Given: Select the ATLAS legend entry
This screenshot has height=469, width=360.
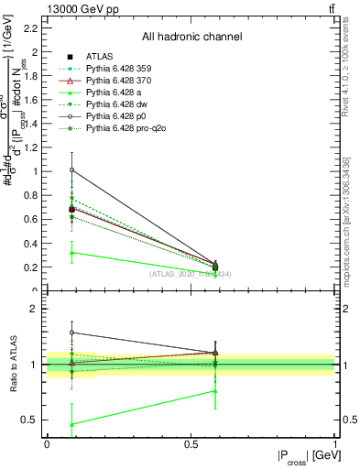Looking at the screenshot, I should (103, 55).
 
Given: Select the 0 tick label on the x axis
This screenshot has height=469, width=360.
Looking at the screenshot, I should (47, 444).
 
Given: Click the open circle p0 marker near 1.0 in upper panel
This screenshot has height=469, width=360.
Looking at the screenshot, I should (71, 169).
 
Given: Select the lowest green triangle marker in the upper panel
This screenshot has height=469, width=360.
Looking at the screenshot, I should (71, 252).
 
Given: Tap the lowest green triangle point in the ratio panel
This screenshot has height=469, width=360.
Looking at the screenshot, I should (71, 424).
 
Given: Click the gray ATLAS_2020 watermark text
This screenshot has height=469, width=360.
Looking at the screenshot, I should (190, 274).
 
